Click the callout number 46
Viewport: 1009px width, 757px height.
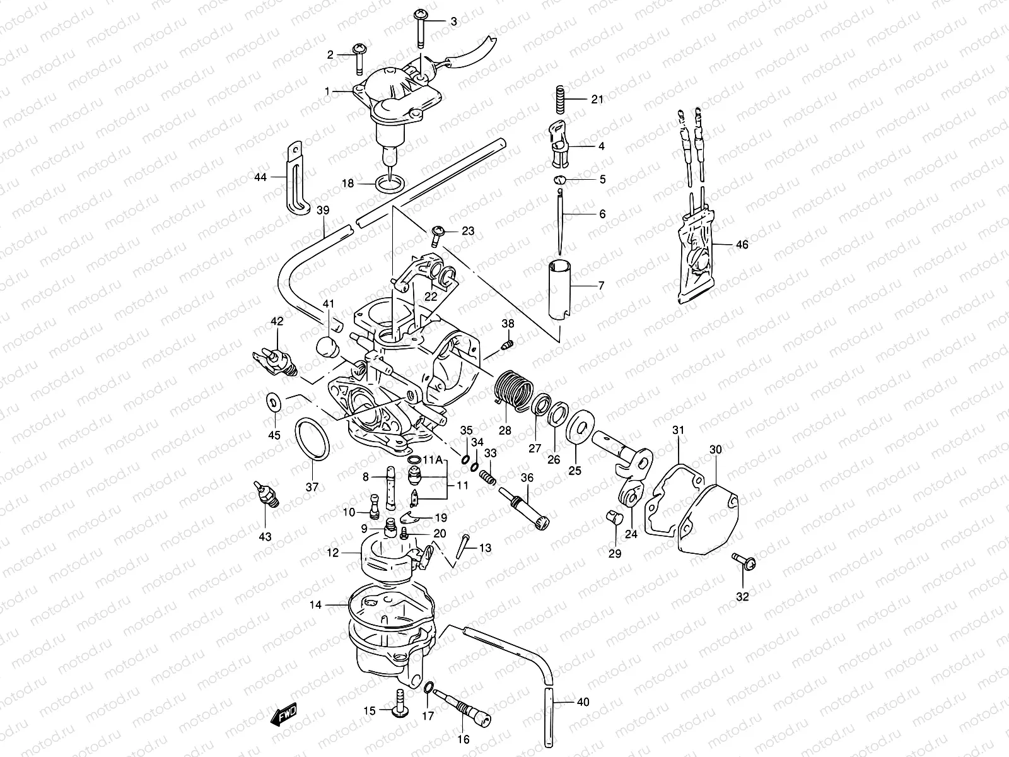coord(742,245)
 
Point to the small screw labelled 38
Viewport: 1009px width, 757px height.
coord(508,344)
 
